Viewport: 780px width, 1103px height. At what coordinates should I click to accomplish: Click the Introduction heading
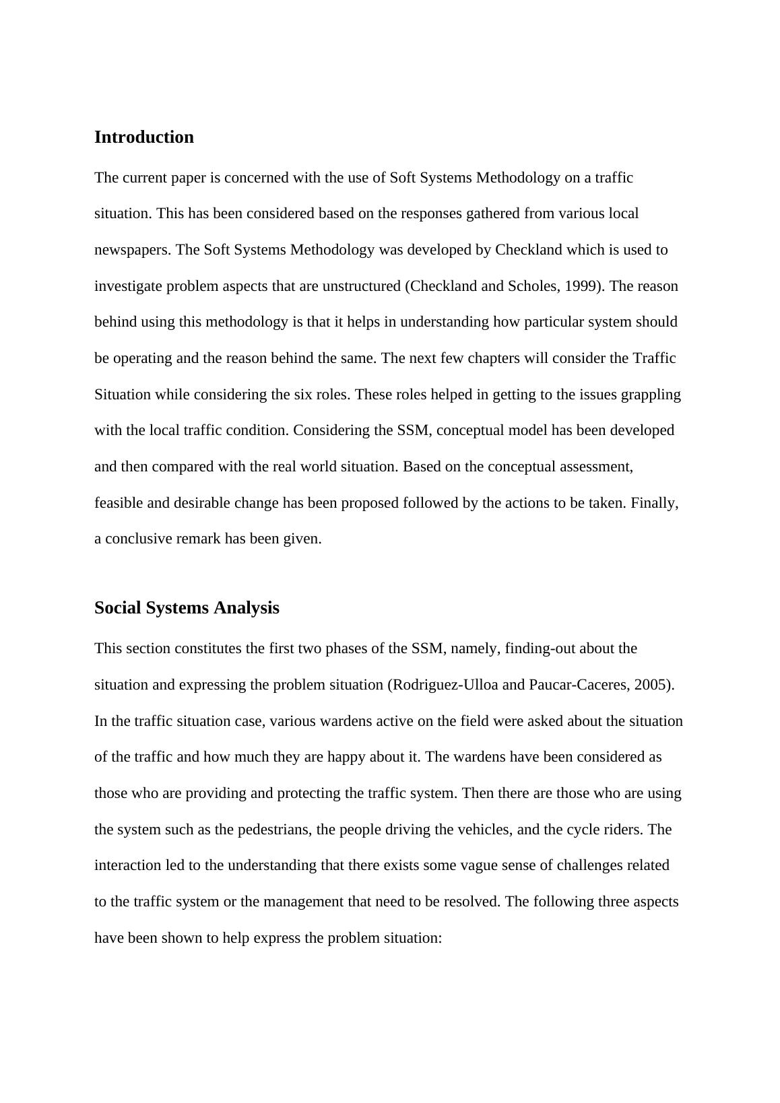(x=143, y=137)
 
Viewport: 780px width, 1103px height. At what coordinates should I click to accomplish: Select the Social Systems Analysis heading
(x=187, y=608)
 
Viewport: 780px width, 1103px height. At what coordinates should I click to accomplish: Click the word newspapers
(x=133, y=250)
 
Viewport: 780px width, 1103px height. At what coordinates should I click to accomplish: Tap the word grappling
(x=652, y=395)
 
